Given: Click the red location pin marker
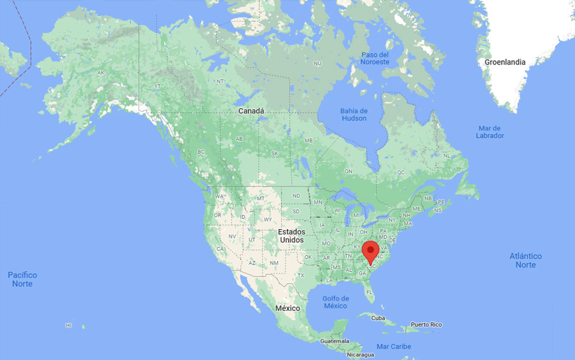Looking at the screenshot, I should coord(371,251).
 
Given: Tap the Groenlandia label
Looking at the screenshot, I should coord(505,62).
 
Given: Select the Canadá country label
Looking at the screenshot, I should coord(251,111).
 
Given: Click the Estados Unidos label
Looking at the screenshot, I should coord(291,236).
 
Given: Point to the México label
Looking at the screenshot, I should coord(287,308).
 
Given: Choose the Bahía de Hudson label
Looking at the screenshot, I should coord(353,114).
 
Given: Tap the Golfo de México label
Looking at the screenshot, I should coord(335,302).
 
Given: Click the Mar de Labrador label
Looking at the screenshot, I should coord(490,132).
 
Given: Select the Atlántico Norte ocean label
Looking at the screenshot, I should coord(525,261).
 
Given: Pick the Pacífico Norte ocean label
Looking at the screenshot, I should coord(22,279).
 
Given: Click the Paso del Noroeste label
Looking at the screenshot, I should coord(375,58).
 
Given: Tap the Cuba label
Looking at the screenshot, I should coord(378,318).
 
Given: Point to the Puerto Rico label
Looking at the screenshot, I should coord(426,325).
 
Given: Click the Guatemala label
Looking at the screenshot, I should coord(335,341).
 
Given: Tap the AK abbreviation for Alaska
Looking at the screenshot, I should coord(101,73).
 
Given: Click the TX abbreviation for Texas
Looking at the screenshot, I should coord(301,275).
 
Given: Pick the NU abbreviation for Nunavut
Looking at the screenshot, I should coord(317,63).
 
